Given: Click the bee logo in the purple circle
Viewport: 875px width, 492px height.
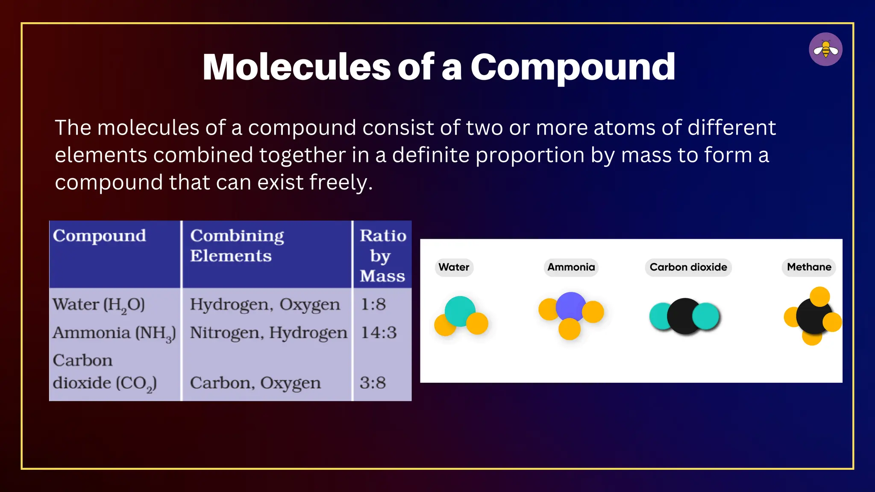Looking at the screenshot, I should tap(825, 50).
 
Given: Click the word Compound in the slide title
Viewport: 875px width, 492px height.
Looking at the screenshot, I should tap(573, 67).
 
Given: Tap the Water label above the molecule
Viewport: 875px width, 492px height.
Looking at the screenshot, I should tap(454, 267).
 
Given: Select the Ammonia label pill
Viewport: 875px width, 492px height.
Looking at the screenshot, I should tap(571, 267).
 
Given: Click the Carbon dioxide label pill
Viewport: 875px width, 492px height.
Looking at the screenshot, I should tap(688, 267).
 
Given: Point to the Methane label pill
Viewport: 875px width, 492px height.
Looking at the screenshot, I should tap(809, 267).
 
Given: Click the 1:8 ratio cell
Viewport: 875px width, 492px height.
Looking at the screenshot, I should tap(373, 305).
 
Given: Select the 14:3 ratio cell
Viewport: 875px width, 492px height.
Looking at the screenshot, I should tap(379, 333).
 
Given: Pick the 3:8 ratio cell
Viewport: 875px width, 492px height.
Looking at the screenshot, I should tap(373, 383).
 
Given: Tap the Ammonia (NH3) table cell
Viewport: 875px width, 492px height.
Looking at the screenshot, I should tap(114, 333).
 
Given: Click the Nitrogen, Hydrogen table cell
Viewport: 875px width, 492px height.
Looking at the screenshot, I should tap(268, 333).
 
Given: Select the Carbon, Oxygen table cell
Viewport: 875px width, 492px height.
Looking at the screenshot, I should tap(255, 383).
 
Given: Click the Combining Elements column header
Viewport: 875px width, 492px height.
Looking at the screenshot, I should tap(237, 246).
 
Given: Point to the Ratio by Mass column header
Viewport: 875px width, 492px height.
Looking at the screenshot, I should tap(382, 255).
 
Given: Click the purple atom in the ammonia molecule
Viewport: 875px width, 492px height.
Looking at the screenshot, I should tap(570, 307).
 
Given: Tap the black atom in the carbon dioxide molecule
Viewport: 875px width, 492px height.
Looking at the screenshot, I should tap(684, 316).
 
